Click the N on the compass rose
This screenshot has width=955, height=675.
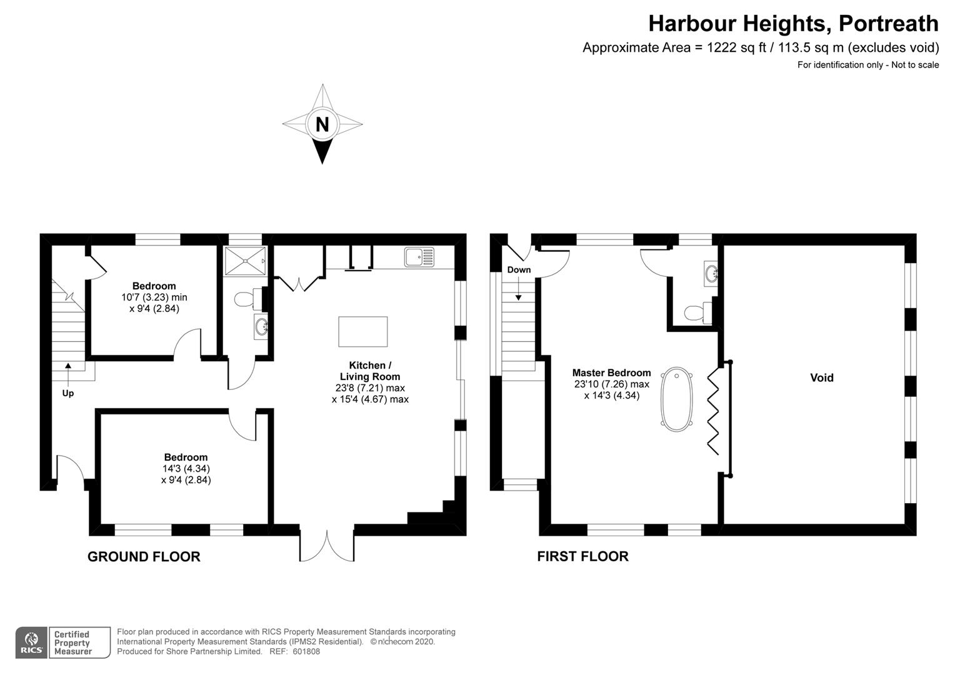point(322,124)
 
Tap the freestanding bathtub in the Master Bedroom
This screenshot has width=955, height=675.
point(677,399)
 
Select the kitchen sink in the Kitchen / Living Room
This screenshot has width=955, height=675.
point(419,257)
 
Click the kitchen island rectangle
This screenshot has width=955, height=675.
point(363,331)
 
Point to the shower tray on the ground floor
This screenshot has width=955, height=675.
point(246,261)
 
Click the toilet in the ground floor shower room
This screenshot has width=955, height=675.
point(249,299)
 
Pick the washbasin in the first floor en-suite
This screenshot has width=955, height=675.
point(711,273)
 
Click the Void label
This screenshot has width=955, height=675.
point(821,377)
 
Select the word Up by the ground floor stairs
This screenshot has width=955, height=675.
point(67,393)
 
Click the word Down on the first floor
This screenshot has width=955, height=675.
point(519,269)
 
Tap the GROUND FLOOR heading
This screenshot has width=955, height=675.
point(144,556)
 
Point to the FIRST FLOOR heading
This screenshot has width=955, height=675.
point(582,556)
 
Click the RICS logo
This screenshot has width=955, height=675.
point(31,642)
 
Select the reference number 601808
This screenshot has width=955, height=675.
point(306,651)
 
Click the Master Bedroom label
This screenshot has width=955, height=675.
point(611,372)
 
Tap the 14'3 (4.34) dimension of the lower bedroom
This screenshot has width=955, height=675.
point(186,469)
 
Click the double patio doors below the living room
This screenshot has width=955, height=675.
point(327,546)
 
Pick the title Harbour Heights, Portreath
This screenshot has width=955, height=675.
point(793,24)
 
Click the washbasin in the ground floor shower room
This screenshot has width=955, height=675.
point(261,327)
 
